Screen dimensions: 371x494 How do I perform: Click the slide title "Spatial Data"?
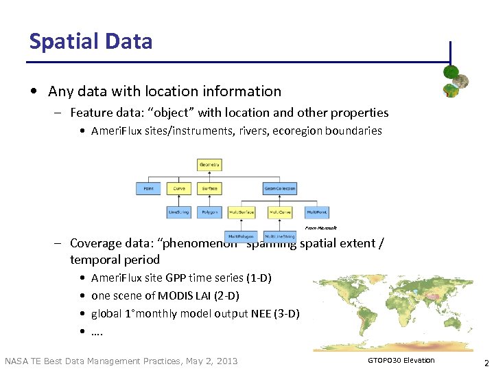tap(91, 41)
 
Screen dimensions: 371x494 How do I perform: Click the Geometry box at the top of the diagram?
tap(209, 165)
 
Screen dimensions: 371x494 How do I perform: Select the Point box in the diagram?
tap(148, 188)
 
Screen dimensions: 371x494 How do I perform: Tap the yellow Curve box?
tap(179, 188)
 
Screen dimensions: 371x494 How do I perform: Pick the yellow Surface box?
tap(209, 188)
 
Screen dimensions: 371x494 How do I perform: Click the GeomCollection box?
tap(279, 188)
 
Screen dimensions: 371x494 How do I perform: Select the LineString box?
tap(179, 212)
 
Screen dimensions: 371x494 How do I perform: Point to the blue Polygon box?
tap(209, 212)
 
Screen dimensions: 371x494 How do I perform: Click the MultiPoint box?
tap(317, 212)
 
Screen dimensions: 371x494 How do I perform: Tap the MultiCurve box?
tap(279, 212)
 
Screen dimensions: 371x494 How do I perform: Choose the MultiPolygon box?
tap(240, 236)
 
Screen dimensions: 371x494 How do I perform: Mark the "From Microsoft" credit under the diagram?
tap(320, 227)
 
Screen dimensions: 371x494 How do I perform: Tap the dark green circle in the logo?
tap(451, 71)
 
